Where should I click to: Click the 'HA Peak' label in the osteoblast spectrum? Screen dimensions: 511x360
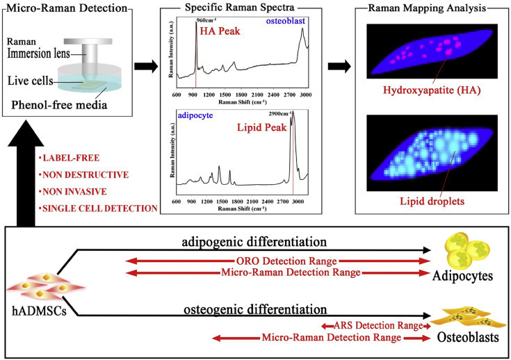coord(220,31)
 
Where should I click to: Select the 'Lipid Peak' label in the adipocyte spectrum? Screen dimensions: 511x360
coord(261,127)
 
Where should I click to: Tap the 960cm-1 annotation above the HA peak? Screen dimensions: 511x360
coord(206,21)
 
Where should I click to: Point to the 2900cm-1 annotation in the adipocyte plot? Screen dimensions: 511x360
coord(280,114)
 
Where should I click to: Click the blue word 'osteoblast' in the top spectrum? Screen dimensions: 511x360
coord(286,21)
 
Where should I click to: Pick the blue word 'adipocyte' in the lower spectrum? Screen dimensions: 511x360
coord(195,115)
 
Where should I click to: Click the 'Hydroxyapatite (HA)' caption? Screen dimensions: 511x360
coord(432,90)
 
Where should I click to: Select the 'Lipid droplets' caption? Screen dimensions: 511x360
coord(432,201)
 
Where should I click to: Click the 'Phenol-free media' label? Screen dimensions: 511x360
coord(59,105)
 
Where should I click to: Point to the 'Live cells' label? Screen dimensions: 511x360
coord(31,81)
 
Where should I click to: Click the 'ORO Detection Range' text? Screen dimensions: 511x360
coord(286,261)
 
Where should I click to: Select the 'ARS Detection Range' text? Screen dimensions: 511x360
coord(378,325)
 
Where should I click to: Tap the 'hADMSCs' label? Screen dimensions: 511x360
coord(39,311)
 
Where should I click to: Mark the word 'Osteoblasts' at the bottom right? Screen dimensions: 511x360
coord(468,338)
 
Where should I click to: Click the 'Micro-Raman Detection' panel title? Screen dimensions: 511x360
coord(67,8)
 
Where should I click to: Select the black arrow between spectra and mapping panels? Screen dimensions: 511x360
coord(339,67)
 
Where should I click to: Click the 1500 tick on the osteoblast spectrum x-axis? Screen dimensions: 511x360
coord(225,95)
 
